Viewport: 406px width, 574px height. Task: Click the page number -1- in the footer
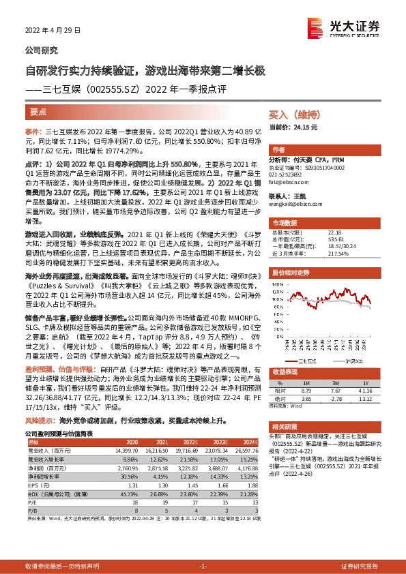click(x=203, y=567)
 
